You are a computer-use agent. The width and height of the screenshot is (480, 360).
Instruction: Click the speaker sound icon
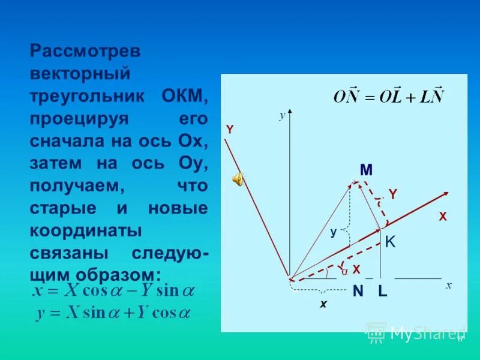coord(238,178)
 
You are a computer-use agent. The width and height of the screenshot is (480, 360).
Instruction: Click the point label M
coord(366,170)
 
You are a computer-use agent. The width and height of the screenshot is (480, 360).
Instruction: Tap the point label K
coord(390,242)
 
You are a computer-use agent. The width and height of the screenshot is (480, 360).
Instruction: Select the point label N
coord(358,292)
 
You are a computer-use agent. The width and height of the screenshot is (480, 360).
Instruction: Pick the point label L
coord(383,292)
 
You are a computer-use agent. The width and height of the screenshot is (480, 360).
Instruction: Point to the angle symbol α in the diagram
coord(345,271)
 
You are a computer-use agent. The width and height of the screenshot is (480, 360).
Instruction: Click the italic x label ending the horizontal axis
coord(448,286)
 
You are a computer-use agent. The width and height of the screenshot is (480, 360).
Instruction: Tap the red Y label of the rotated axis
coord(229,130)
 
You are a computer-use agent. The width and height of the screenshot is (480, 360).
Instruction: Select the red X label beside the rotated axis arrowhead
coord(443,217)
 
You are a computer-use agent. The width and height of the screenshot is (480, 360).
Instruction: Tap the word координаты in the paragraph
coord(85,231)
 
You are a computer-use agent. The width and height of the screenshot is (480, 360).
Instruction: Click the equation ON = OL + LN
coord(389,97)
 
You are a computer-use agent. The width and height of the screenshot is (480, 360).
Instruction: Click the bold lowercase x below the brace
coord(323,304)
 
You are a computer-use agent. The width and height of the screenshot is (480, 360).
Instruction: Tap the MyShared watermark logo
coord(415,332)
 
